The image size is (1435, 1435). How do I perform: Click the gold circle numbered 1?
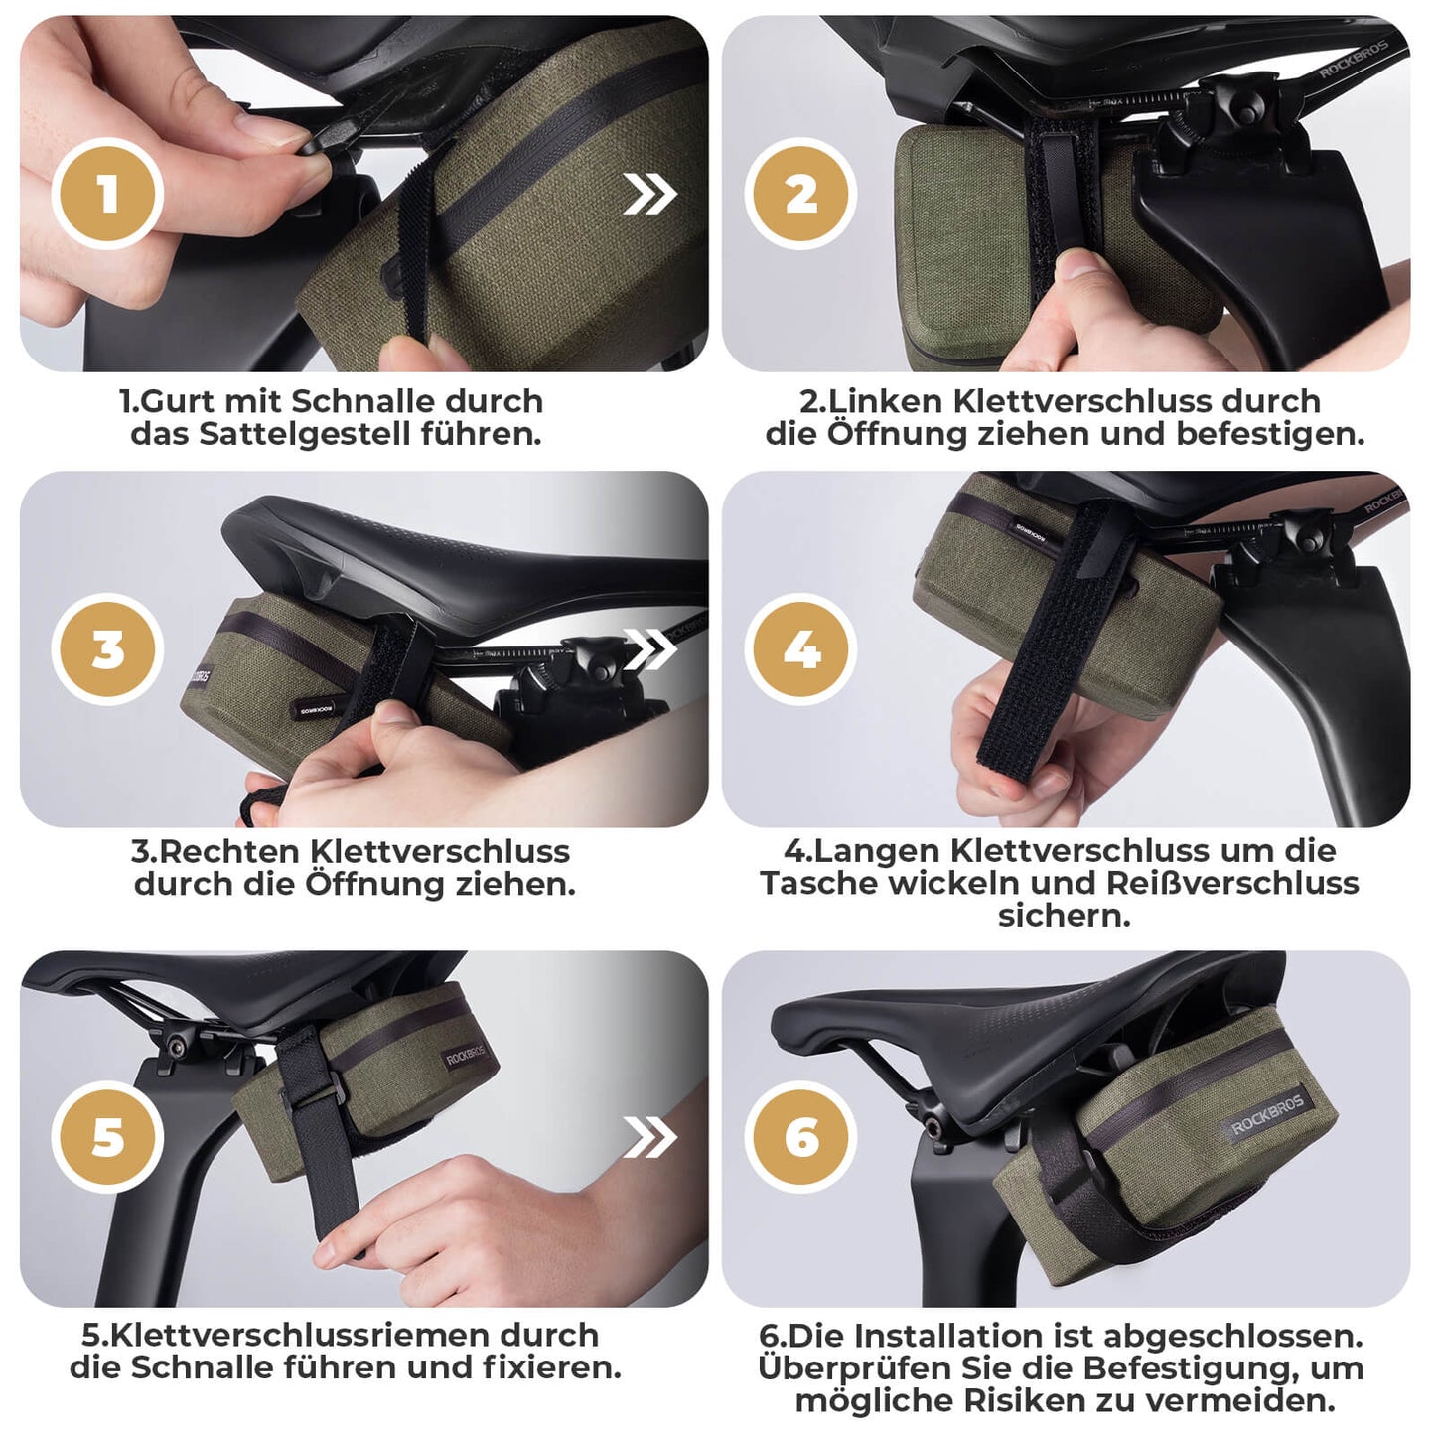click(107, 194)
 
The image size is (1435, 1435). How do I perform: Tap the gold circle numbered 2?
click(800, 194)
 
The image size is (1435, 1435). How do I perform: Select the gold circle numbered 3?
click(107, 649)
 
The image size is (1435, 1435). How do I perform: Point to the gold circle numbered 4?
click(800, 649)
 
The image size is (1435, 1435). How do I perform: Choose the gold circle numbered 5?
click(107, 1137)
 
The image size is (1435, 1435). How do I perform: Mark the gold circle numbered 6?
click(800, 1137)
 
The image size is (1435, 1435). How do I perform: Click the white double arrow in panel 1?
click(649, 194)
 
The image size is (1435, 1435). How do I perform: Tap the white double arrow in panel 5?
click(649, 1137)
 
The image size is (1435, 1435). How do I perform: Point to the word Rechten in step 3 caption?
click(229, 852)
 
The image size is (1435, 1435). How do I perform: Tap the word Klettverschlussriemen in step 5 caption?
click(299, 1335)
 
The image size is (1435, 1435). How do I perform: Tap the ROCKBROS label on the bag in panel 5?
click(465, 1055)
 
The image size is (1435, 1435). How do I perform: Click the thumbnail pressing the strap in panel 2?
click(1075, 262)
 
